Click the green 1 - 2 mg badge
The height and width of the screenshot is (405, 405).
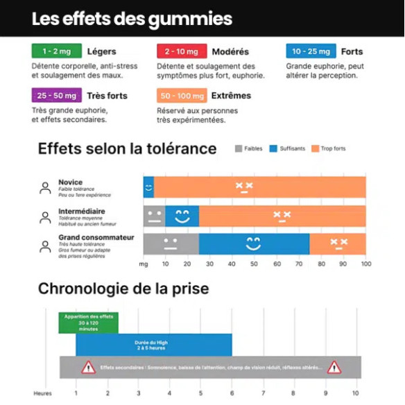pyautogui.click(x=56, y=51)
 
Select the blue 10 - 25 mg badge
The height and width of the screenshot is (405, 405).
pyautogui.click(x=311, y=51)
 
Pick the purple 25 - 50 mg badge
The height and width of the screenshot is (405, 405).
pyautogui.click(x=56, y=95)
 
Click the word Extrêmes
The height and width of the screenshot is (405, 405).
pyautogui.click(x=231, y=95)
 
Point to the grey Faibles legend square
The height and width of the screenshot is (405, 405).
pyautogui.click(x=239, y=148)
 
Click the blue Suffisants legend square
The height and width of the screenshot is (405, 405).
pyautogui.click(x=273, y=148)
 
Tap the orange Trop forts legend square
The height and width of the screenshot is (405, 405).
pyautogui.click(x=315, y=148)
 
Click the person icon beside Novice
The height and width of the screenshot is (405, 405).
pyautogui.click(x=45, y=188)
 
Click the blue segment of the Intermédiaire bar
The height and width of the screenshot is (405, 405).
pyautogui.click(x=182, y=216)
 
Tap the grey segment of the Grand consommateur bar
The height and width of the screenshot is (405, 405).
pyautogui.click(x=171, y=244)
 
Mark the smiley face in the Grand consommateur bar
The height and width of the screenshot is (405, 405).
pyautogui.click(x=253, y=243)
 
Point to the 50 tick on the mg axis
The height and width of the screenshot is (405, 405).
pyautogui.click(x=254, y=264)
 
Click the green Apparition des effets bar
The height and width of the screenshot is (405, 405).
pyautogui.click(x=88, y=322)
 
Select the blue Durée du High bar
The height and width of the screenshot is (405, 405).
pyautogui.click(x=154, y=344)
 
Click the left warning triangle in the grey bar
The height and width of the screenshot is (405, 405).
pyautogui.click(x=88, y=367)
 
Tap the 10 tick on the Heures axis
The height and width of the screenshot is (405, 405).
pyautogui.click(x=356, y=393)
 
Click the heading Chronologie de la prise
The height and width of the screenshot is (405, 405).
pyautogui.click(x=123, y=288)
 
